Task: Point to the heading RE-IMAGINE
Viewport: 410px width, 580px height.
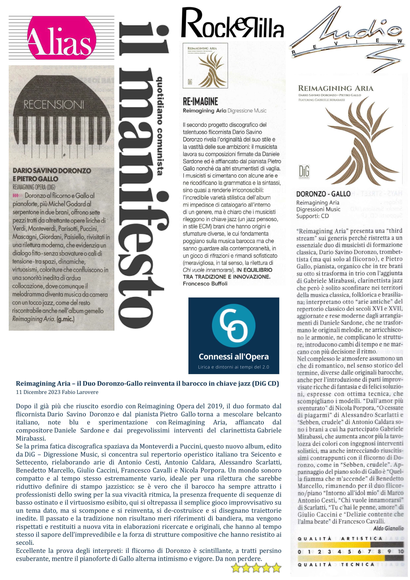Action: point(200,102)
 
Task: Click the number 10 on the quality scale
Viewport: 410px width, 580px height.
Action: point(401,552)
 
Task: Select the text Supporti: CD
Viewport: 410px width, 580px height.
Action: point(312,216)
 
